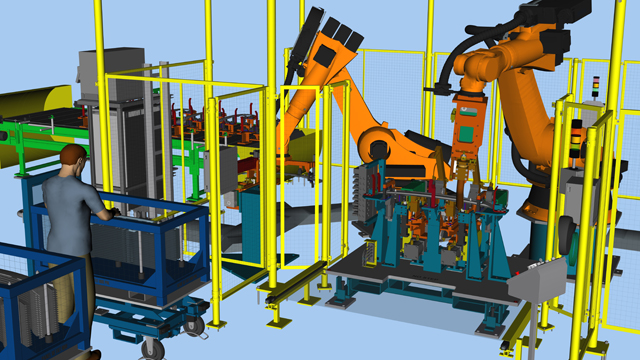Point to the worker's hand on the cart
109,212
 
